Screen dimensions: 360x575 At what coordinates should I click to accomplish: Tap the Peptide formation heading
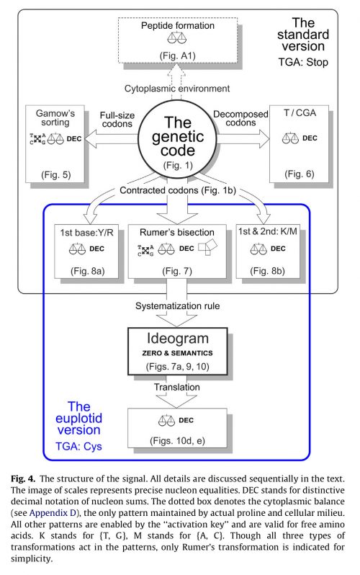pos(178,26)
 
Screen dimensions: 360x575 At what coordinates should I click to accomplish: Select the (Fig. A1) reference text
pos(177,55)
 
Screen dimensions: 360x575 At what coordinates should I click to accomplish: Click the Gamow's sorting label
pos(55,117)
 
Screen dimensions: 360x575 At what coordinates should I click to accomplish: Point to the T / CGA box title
pos(300,112)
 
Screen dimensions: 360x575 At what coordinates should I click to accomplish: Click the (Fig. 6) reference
pos(300,174)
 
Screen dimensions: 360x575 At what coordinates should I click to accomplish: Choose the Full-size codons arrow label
pos(117,120)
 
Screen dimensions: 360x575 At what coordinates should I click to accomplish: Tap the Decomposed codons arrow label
pos(240,118)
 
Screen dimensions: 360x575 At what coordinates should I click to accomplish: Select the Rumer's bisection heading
pos(176,232)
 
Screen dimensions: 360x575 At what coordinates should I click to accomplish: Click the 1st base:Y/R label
pos(87,233)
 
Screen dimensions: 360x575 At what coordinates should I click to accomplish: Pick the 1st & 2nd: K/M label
pos(268,231)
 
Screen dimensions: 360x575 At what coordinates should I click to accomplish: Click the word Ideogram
pos(178,338)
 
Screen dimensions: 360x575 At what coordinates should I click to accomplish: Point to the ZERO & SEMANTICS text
pos(177,353)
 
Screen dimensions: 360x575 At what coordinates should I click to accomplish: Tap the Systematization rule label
pos(177,306)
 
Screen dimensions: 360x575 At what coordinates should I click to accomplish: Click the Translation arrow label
pos(176,387)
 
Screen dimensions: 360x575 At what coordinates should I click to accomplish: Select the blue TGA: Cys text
pos(78,446)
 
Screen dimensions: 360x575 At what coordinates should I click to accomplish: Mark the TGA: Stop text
pos(303,62)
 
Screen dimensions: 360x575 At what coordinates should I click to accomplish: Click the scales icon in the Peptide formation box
pos(177,38)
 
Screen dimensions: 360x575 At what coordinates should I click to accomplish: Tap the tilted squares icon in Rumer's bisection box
pos(207,247)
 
